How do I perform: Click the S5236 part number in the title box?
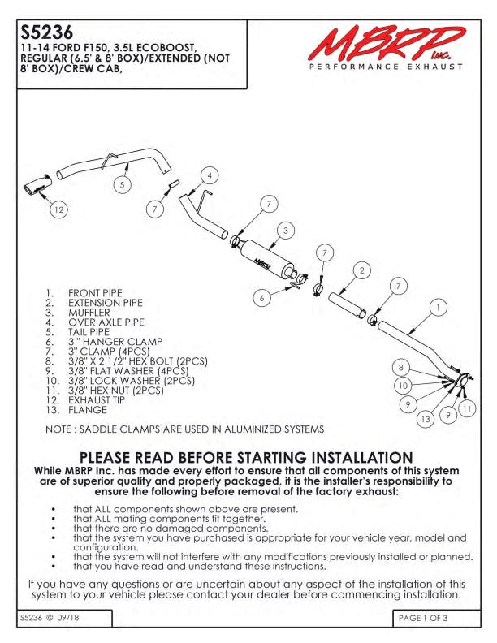coord(47,32)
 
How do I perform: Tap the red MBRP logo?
coord(387,44)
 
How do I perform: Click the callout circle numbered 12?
coord(58,209)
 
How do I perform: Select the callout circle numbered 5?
coord(122,184)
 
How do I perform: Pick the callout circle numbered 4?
coord(210,175)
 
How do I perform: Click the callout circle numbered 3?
coord(286,230)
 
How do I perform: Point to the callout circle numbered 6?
coord(261,298)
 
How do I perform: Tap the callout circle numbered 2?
coord(361,270)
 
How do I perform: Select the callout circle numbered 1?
coord(439,307)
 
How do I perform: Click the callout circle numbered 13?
coord(426,419)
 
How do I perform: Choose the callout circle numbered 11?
coord(467,408)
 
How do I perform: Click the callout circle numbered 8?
coord(400,368)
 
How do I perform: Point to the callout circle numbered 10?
coord(403,385)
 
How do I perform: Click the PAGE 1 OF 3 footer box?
coord(436,618)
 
